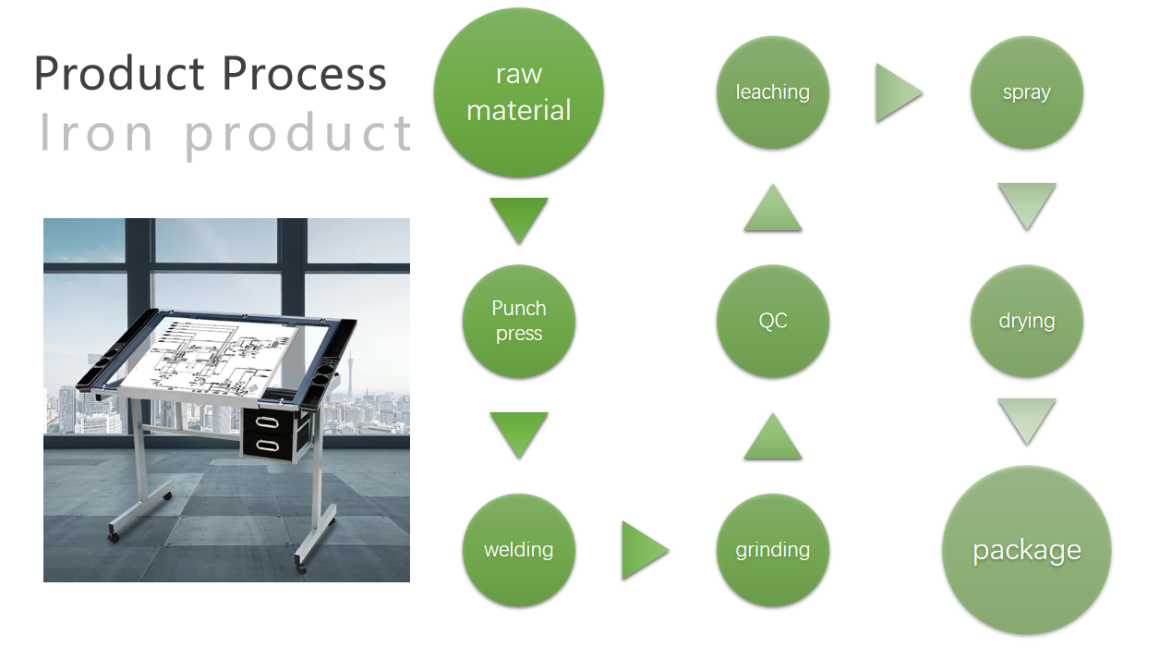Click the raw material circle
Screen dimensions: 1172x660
518,92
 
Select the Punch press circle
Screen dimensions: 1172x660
518,321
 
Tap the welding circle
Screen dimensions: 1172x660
518,550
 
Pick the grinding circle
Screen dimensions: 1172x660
773,550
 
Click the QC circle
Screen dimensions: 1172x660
773,321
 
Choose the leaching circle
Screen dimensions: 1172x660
773,92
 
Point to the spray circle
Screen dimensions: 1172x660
1027,92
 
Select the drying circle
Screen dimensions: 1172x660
1027,321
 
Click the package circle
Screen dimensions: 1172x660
1027,550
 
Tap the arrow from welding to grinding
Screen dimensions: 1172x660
646,550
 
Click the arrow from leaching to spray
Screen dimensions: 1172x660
899,92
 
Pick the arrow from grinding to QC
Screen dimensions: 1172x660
773,436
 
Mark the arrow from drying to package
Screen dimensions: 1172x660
1027,422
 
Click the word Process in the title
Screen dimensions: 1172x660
304,73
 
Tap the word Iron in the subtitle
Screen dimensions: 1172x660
96,132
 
